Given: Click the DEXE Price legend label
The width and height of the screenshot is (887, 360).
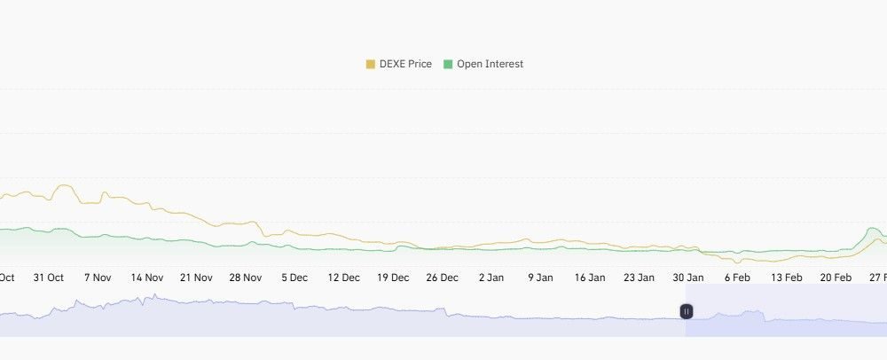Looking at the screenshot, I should point(405,64).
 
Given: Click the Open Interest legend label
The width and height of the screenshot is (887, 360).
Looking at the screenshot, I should point(490,64).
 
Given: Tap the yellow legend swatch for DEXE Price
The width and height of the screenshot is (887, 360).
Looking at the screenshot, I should point(371,64).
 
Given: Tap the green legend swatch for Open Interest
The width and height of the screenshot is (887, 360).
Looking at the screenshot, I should point(448,64).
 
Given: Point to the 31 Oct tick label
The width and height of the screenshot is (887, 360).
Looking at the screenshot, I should point(49,278).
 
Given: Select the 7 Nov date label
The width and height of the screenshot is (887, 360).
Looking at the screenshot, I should point(98,278).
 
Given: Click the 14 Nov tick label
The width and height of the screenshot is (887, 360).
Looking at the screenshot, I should point(147,278).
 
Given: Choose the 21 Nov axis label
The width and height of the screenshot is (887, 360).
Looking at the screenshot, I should point(196,278).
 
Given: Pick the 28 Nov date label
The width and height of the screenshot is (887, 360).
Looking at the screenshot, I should point(246,278).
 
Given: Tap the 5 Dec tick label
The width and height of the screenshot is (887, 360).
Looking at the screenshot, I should point(295,278).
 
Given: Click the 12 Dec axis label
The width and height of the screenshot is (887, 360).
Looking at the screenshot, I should point(344,278).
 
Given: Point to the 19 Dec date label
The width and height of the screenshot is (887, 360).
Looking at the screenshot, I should point(393,278).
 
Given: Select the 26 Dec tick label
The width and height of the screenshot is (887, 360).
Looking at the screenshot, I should point(442,278).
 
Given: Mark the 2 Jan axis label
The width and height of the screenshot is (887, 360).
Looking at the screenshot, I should point(491,278).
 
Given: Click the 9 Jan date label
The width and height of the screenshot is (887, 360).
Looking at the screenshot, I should point(540,278).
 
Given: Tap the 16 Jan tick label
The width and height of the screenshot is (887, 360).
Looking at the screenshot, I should point(589,278).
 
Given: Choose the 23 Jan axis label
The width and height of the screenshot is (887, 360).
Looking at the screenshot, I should point(639,278).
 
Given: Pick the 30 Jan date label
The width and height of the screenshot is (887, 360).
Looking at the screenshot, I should point(687,278).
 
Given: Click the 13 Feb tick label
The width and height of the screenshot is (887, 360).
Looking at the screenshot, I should point(786,278).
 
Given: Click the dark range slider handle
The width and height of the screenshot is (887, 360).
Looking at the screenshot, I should point(687,311).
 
